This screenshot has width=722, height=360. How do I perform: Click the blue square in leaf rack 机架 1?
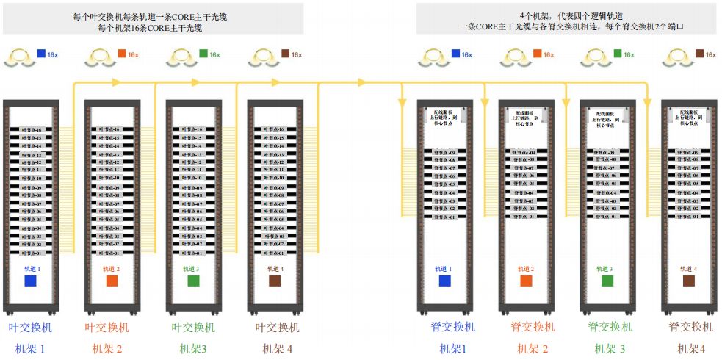point(30,281)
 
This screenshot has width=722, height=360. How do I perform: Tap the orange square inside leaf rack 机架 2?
point(112,281)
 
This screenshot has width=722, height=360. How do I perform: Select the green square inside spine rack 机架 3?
point(607,281)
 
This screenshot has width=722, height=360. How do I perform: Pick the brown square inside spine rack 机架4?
point(688,281)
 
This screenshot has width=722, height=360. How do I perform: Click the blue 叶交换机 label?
point(30,328)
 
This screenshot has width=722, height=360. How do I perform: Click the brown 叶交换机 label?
point(277,328)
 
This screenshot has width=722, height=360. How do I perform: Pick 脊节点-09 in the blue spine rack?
point(444,153)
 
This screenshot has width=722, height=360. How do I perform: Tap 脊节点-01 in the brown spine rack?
point(688,217)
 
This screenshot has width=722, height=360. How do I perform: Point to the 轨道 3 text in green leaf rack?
point(193,270)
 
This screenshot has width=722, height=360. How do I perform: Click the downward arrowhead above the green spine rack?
point(566,98)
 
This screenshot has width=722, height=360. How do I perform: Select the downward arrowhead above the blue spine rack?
point(402,98)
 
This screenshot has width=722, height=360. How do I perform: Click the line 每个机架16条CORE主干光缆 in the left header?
point(152,28)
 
